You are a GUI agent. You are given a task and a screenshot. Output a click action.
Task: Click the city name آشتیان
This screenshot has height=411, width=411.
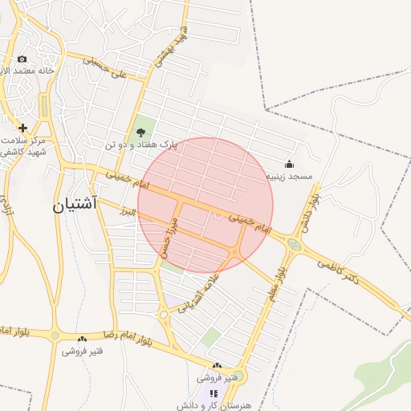pos(75,205)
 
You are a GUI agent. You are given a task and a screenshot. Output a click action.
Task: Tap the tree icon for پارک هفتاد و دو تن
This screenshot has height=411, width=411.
pos(141,132)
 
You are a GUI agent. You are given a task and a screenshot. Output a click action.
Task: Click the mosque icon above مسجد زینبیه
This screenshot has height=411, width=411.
pos(289,165)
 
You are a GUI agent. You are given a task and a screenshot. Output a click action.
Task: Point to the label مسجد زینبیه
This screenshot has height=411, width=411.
pos(289,176)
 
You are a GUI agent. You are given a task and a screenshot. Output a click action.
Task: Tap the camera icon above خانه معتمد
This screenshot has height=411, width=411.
pos(22,59)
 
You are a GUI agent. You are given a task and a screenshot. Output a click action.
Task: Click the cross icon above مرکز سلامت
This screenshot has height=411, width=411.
pos(22,128)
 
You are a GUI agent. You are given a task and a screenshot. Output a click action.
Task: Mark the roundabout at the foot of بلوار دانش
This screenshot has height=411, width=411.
pos(295,244)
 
